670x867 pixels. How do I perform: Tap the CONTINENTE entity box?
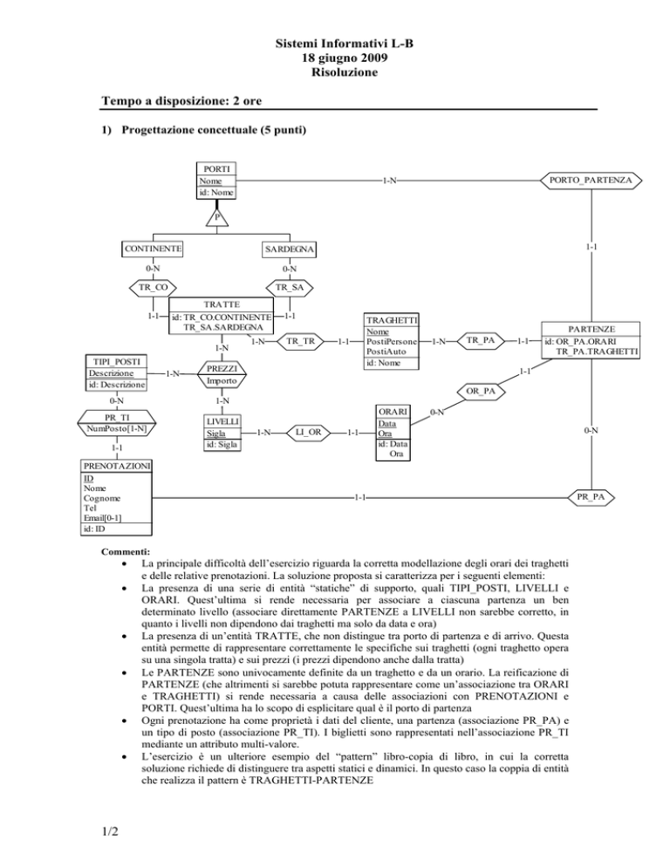pos(154,249)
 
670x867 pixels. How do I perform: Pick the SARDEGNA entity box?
pos(290,250)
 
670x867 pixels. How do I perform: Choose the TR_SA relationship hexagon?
pos(290,287)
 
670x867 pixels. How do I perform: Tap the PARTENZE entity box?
pos(591,340)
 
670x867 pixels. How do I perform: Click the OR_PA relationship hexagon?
pos(481,390)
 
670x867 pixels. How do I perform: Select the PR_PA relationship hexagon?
pos(591,497)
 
